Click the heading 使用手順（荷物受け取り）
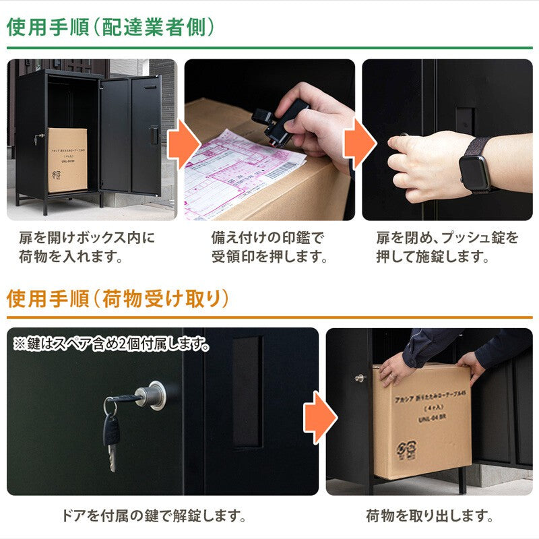[118, 298]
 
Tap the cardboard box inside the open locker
[67, 160]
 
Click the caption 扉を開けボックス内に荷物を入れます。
[86, 247]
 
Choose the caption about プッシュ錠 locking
[447, 247]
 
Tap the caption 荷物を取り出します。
[429, 517]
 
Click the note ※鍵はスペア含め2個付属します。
[110, 344]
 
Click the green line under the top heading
[269, 49]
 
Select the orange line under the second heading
[269, 317]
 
